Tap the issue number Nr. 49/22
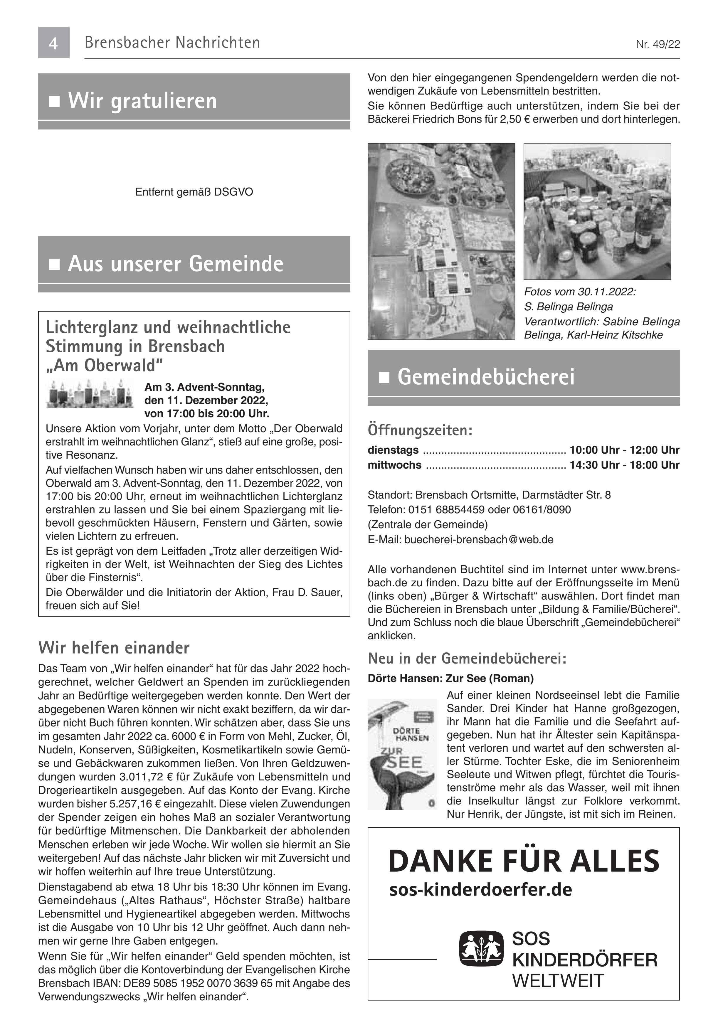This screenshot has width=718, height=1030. pos(658,44)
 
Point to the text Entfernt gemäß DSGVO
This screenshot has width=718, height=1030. pos(194,192)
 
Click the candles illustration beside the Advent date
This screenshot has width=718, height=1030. pos(90,393)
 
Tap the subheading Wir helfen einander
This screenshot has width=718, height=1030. pos(114,647)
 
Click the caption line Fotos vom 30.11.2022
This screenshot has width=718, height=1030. pos(580,292)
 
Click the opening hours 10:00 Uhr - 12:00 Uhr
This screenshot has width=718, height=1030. pos(624,450)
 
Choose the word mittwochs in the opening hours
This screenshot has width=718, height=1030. pos(394,465)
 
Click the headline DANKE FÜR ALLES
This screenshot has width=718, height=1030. pos(523,860)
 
